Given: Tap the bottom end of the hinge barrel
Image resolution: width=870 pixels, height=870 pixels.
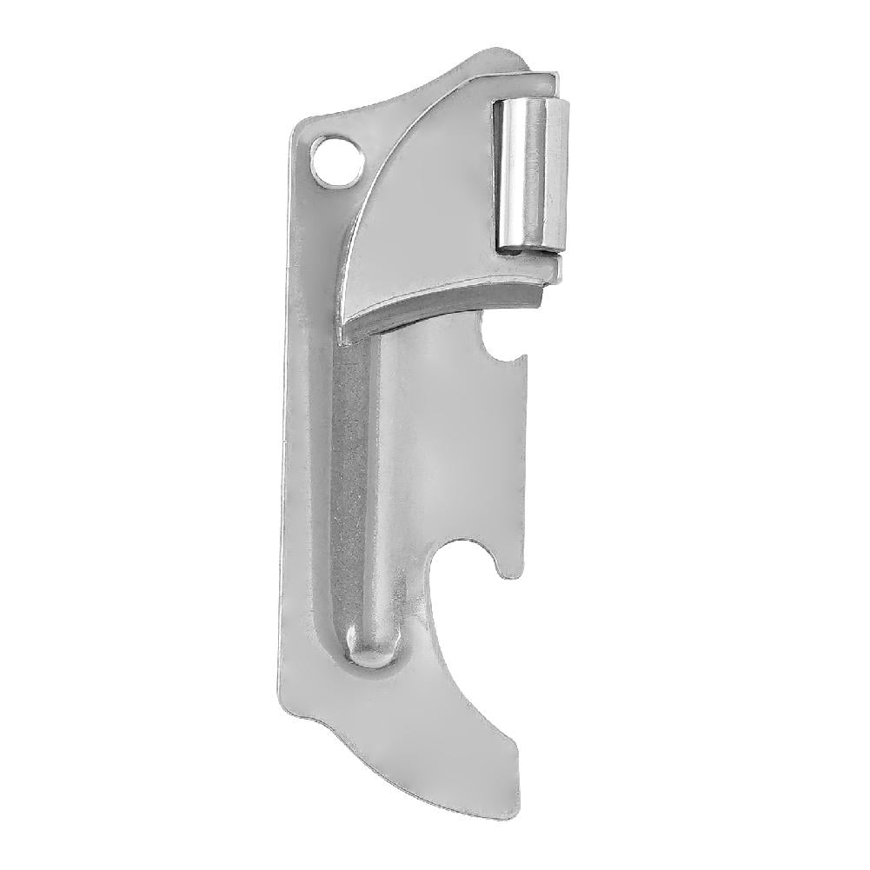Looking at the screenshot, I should [528, 247].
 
